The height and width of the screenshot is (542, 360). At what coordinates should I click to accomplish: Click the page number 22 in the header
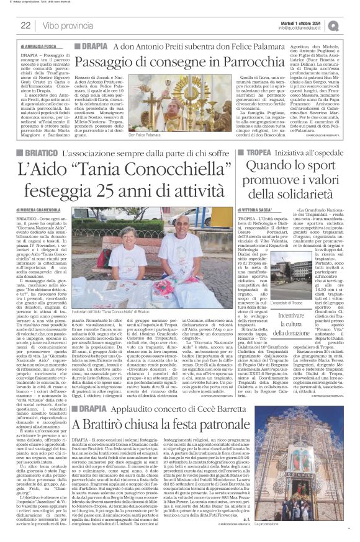[26, 25]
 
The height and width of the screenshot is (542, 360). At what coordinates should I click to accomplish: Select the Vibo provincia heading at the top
[67, 25]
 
